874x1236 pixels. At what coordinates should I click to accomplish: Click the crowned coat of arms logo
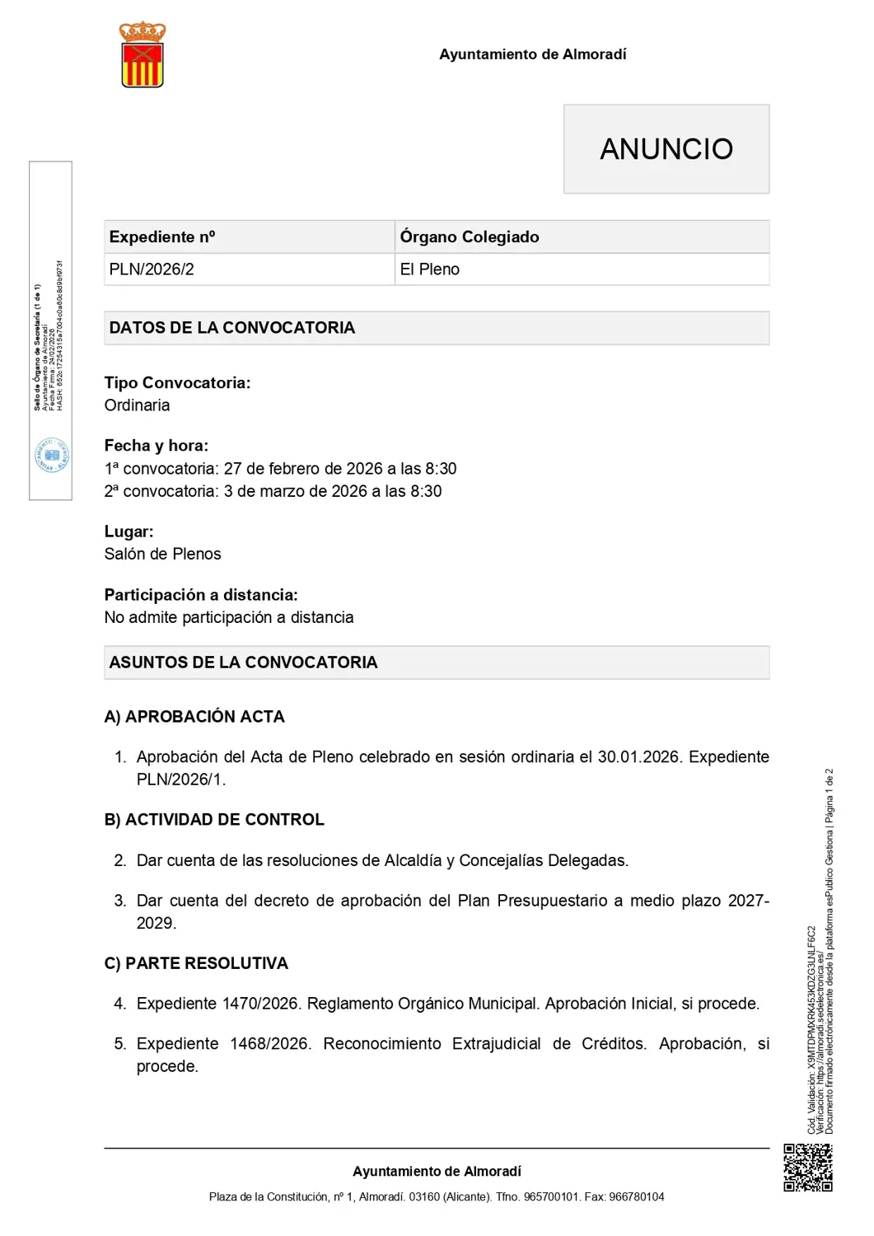click(143, 54)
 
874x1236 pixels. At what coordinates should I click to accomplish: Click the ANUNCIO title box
click(666, 149)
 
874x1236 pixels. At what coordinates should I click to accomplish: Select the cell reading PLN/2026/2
click(152, 269)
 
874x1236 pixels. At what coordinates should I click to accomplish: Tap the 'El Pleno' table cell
click(429, 269)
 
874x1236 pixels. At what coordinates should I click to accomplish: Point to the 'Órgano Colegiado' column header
click(469, 237)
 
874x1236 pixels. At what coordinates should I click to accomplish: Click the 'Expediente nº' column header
click(161, 237)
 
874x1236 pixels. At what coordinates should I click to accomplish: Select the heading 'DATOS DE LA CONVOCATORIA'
click(231, 328)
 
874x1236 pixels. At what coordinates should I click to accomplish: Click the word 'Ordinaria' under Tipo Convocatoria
click(137, 405)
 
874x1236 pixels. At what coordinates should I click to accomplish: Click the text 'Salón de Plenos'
click(162, 554)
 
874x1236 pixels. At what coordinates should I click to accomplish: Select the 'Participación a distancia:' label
click(200, 595)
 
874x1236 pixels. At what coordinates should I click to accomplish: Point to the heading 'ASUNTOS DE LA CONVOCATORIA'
click(243, 662)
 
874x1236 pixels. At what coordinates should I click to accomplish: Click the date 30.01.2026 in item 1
click(639, 756)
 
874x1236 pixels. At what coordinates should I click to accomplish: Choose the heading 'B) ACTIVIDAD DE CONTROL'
click(214, 820)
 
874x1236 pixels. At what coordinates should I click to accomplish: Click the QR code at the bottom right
click(807, 1168)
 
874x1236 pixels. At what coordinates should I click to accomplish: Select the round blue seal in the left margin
click(52, 456)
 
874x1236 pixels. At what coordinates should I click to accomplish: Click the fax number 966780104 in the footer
click(636, 1196)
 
